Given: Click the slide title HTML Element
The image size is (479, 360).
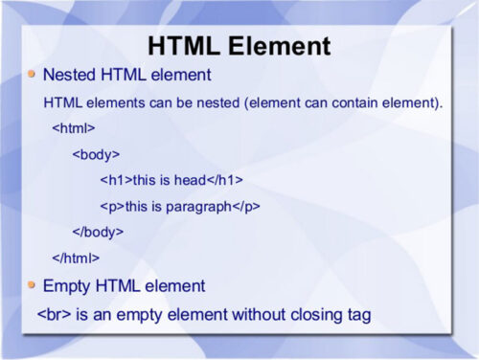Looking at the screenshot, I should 239,46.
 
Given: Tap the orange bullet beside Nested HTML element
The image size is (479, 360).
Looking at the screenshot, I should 33,73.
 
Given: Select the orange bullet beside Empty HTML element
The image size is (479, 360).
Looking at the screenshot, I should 33,284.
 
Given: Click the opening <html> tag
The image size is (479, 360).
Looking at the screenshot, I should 73,127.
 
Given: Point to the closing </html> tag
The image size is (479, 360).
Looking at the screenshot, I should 76,258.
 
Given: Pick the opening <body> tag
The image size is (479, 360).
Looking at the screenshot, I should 96,153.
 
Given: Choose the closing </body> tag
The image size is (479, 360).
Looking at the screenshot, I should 99,232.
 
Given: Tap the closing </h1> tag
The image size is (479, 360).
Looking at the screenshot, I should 226,180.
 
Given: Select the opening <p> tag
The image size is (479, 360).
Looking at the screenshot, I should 111,206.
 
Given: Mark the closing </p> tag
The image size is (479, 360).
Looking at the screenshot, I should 246,206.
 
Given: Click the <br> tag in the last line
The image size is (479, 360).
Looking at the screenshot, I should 55,314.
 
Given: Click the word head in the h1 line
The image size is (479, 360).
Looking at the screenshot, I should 190,180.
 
